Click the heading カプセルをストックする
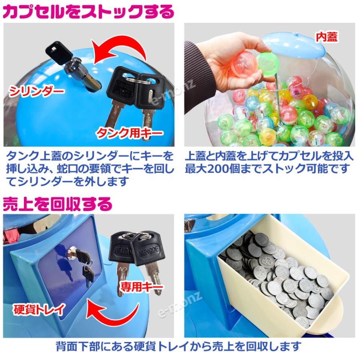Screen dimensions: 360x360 (89, 12)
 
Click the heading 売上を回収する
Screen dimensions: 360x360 (57, 205)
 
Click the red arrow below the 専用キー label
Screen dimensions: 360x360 (116, 312)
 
